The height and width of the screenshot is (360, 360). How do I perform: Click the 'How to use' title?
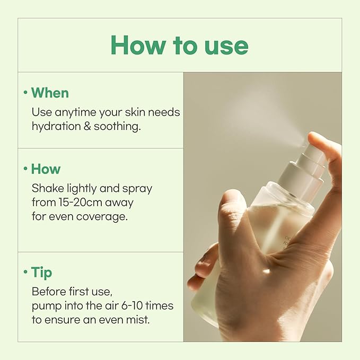(x=179, y=46)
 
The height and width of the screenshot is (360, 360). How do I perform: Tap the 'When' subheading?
(x=50, y=93)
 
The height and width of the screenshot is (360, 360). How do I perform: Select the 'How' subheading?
(x=46, y=169)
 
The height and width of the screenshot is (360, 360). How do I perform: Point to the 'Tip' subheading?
(x=41, y=273)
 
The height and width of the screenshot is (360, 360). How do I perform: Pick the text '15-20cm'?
(x=78, y=203)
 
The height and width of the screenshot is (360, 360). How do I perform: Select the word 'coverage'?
(x=105, y=217)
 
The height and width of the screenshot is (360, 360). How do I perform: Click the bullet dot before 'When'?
(x=25, y=93)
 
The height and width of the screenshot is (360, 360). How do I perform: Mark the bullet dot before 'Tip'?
(x=25, y=273)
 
